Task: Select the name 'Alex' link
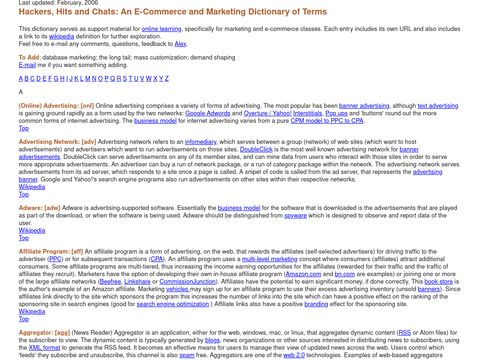180,44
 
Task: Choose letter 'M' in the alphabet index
100,77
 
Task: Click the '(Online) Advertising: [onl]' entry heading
56,104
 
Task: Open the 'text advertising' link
439,104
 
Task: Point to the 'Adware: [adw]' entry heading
39,207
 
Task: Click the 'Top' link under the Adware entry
24,238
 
